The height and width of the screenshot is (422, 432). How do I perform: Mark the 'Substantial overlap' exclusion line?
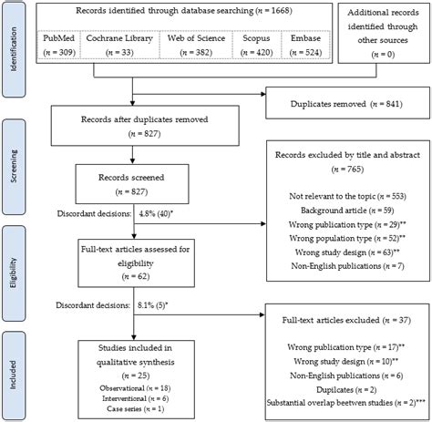coord(343,402)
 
